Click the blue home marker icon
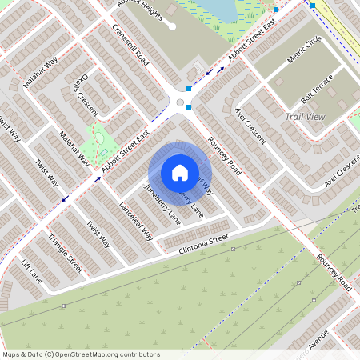click(x=180, y=172)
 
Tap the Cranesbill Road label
click(x=130, y=46)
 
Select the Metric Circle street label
click(x=303, y=50)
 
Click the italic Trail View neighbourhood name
click(x=305, y=117)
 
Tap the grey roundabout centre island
click(x=179, y=102)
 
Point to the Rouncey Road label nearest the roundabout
click(x=225, y=155)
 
